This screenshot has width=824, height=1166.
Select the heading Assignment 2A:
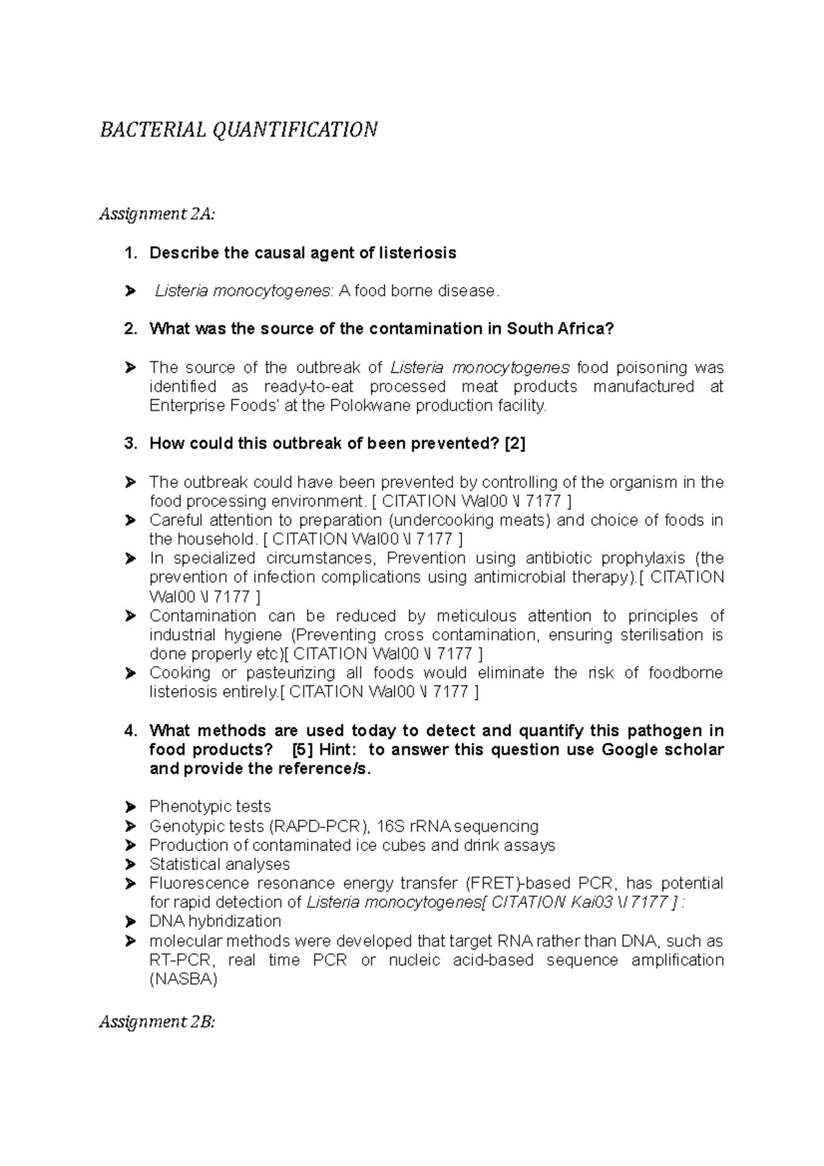click(x=157, y=214)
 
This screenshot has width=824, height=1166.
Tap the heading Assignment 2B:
click(x=157, y=1022)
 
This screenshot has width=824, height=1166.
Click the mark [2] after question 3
click(x=514, y=444)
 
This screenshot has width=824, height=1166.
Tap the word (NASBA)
click(x=183, y=979)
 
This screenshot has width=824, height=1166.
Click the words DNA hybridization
click(x=215, y=921)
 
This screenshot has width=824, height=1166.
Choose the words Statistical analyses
click(x=219, y=864)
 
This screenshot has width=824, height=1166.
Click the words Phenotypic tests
click(x=209, y=806)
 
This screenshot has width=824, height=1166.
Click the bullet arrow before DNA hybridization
click(x=130, y=922)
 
